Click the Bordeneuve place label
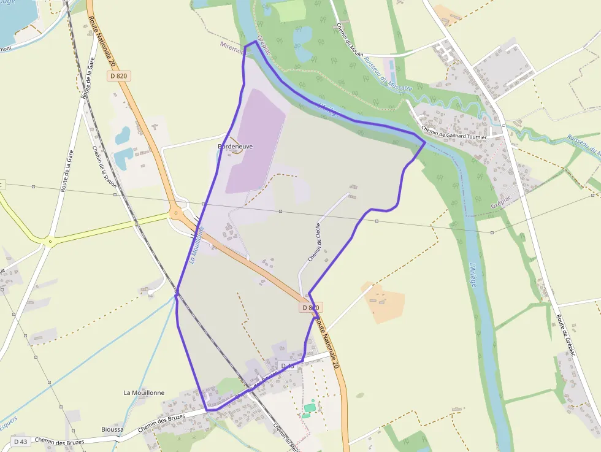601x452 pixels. click(x=235, y=147)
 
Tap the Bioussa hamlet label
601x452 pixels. click(x=112, y=429)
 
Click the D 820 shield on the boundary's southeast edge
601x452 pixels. click(x=311, y=307)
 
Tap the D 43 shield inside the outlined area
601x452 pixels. click(x=288, y=366)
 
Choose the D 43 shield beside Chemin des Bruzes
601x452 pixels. click(x=20, y=441)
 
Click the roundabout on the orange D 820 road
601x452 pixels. click(x=177, y=214)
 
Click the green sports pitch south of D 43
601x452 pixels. click(x=310, y=407)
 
